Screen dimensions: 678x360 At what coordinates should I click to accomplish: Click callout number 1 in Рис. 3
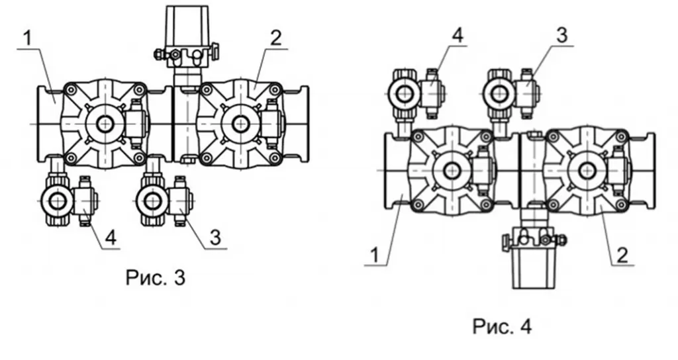pyautogui.click(x=27, y=38)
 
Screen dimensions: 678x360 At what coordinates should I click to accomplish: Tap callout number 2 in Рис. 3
pyautogui.click(x=275, y=38)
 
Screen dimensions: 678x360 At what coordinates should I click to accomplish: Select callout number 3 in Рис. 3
pyautogui.click(x=215, y=238)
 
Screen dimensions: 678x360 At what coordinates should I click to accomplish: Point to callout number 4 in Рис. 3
pyautogui.click(x=111, y=238)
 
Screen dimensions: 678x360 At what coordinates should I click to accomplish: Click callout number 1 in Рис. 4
pyautogui.click(x=375, y=255)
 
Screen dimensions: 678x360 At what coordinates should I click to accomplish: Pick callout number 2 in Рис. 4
pyautogui.click(x=622, y=255)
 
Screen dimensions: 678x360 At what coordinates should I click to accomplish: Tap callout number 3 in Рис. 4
pyautogui.click(x=561, y=35)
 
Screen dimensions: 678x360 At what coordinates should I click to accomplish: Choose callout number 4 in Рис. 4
pyautogui.click(x=457, y=35)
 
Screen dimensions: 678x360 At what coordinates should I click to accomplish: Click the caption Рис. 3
pyautogui.click(x=156, y=277)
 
